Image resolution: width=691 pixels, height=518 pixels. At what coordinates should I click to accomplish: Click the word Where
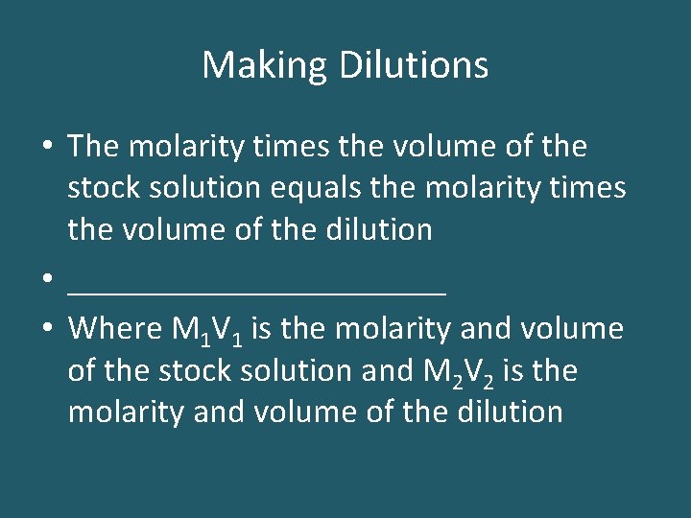click(x=115, y=329)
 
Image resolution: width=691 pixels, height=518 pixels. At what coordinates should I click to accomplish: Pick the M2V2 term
click(x=456, y=372)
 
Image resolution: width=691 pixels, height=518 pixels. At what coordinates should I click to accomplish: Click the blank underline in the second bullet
click(x=257, y=288)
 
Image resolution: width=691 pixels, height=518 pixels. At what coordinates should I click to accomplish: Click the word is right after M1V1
click(x=265, y=329)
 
